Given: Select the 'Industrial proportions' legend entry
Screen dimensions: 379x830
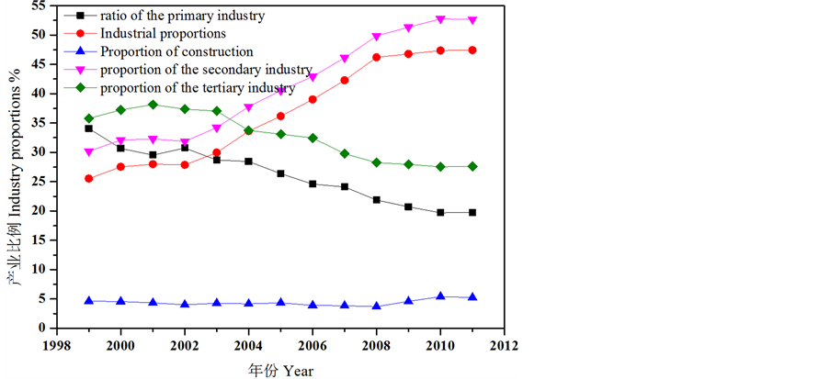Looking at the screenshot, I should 164,34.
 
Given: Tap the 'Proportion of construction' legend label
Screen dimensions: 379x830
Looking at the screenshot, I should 176,51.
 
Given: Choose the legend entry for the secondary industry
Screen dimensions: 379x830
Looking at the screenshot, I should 206,71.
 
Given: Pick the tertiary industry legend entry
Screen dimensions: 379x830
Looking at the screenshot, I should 198,88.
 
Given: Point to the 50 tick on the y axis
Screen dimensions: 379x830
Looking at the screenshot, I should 38,35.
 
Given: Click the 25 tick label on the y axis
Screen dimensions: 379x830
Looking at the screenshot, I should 38,182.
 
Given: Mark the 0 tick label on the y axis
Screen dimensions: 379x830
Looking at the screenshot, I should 41,328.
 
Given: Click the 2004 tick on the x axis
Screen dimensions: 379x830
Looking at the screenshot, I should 247,346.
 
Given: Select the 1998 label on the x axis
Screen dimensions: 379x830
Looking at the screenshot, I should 57,346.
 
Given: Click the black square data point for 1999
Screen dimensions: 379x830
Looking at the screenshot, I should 88,128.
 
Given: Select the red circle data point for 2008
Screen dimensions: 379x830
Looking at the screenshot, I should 376,57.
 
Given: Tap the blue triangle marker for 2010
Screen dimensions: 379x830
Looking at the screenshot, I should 440,295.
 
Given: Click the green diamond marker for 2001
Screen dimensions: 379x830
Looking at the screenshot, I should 153,105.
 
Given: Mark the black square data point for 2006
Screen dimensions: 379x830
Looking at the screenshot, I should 313,184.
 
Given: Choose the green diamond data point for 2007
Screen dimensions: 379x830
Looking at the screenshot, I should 345,153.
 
